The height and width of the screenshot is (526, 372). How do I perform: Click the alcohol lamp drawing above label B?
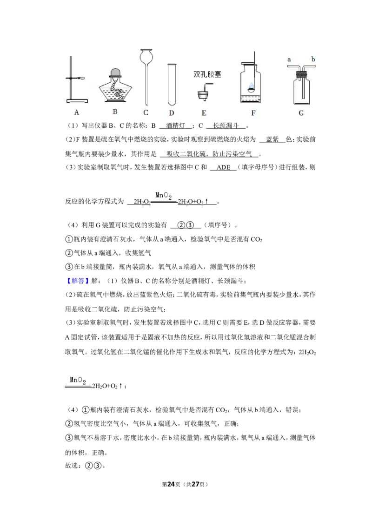coord(115,85)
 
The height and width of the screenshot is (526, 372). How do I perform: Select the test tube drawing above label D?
coord(172,85)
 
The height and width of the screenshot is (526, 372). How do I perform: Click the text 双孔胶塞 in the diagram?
coord(207,74)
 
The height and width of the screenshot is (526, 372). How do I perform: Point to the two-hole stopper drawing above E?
coord(205,91)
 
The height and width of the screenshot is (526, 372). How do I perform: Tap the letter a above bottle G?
coord(289,60)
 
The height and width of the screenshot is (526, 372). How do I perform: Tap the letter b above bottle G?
coord(313,59)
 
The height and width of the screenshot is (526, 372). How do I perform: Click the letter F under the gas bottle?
coord(253,113)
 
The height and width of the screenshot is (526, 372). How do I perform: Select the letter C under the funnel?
coord(146,112)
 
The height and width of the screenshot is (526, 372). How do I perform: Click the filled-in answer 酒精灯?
coord(175,126)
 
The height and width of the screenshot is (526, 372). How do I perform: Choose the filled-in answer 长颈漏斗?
coord(226,126)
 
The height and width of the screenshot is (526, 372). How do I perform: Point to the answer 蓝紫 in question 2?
coord(272,139)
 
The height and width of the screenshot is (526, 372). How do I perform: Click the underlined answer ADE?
coord(224,167)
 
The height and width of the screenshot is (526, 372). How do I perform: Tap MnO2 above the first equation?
coord(164,196)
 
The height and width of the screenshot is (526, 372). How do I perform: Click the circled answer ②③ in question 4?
coord(186,225)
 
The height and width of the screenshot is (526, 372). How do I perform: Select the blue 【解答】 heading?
coord(78,281)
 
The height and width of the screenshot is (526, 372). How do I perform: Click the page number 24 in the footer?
coord(171,484)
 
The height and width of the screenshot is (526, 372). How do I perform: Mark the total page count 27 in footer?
coord(195,484)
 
